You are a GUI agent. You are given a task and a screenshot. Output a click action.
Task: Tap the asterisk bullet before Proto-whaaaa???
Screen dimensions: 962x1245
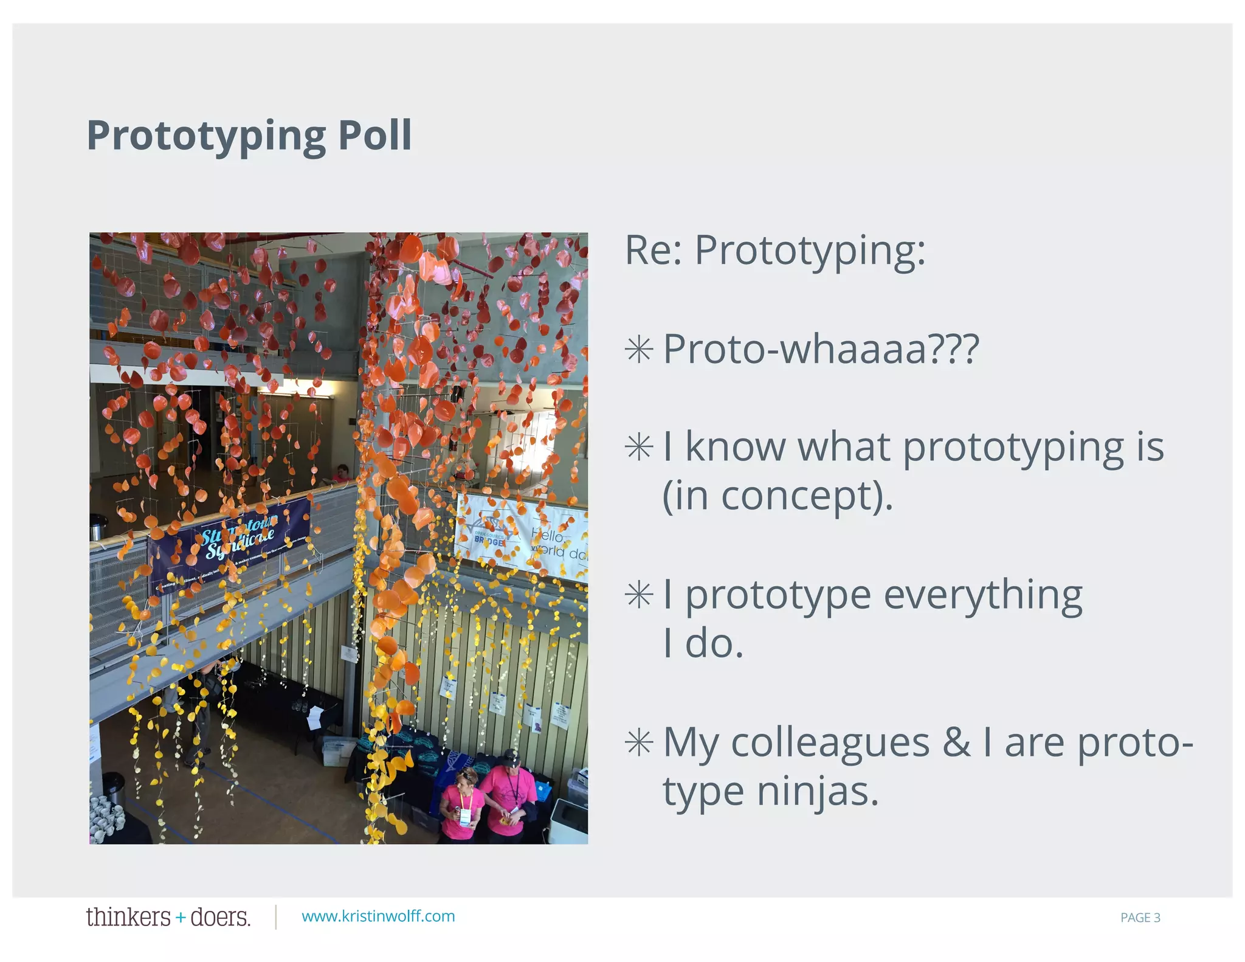(x=639, y=350)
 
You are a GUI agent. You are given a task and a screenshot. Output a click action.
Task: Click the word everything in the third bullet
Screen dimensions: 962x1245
(x=982, y=595)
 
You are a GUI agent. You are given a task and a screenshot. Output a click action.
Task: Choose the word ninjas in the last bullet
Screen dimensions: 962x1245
(x=817, y=792)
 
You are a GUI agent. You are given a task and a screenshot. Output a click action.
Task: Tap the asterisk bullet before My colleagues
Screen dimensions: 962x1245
(x=639, y=742)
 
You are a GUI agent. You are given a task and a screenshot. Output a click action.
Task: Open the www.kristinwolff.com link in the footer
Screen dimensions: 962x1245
(x=378, y=916)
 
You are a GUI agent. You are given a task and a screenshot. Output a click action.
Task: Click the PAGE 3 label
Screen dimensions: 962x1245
(x=1140, y=918)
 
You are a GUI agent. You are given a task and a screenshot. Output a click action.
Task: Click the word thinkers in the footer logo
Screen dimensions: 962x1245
(x=128, y=916)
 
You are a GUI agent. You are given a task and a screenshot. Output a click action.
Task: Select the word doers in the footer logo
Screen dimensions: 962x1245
(x=219, y=916)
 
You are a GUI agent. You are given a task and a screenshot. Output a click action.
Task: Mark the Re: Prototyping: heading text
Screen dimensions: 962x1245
(x=774, y=250)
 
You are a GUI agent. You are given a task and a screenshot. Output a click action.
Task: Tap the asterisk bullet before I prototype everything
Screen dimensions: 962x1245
(x=639, y=595)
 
